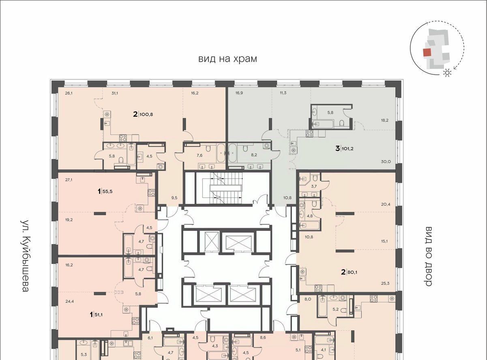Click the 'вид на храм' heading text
(x=227, y=59)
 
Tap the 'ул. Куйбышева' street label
(x=26, y=256)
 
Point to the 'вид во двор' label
(x=429, y=256)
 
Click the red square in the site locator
(x=427, y=53)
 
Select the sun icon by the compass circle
(x=447, y=73)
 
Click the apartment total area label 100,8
(x=146, y=114)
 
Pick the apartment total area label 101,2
(x=348, y=149)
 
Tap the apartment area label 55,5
(x=107, y=191)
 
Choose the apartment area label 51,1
(x=99, y=315)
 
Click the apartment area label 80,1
(x=352, y=272)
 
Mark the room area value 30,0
(x=386, y=162)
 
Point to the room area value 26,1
(x=69, y=93)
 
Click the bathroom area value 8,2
(x=254, y=155)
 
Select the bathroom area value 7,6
(x=200, y=155)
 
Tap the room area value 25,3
(x=385, y=283)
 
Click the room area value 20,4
(x=386, y=204)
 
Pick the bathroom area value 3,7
(x=314, y=186)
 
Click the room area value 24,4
(x=69, y=301)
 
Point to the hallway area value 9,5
(x=174, y=198)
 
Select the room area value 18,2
(x=385, y=120)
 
